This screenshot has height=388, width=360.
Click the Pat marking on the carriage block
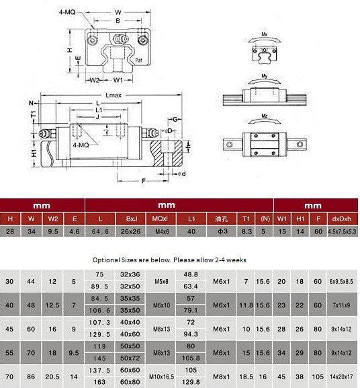tap(138, 61)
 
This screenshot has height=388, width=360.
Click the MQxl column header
tap(161, 219)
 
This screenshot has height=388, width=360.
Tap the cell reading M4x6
tap(161, 232)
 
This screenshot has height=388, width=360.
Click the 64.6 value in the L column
tap(99, 232)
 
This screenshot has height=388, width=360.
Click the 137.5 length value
tap(99, 370)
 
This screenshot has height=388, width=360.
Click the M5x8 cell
tap(161, 280)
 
